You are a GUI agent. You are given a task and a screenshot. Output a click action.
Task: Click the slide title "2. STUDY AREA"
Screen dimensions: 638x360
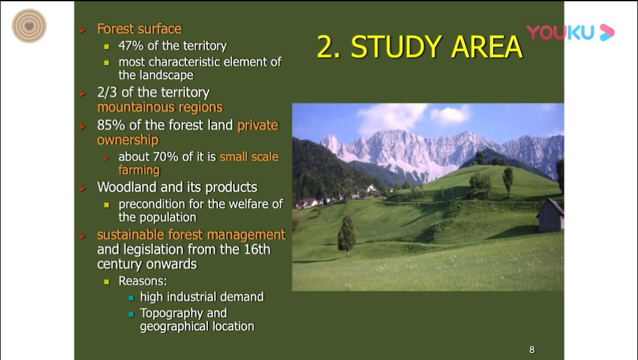[420, 47]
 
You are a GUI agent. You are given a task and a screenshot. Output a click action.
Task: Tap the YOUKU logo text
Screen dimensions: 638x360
[560, 32]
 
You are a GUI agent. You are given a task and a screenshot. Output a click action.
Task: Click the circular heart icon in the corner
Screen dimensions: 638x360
[29, 26]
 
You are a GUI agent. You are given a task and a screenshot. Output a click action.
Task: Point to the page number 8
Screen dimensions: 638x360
[532, 350]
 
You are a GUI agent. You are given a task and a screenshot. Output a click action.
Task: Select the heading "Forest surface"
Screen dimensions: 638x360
[139, 29]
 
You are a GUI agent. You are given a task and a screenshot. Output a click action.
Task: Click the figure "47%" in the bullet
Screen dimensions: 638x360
[131, 45]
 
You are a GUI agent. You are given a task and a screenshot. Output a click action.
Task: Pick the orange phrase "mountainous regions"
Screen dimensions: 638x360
[160, 107]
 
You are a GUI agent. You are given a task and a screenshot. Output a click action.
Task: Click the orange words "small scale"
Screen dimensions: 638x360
[249, 156]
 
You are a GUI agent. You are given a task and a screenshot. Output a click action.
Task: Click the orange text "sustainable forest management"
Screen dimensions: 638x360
[191, 235]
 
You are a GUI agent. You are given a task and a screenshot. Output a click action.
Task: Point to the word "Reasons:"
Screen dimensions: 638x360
[143, 281]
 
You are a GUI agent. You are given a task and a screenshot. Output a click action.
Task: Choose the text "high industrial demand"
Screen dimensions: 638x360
[202, 297]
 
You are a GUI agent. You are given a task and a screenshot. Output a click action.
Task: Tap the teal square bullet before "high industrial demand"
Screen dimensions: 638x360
[131, 298]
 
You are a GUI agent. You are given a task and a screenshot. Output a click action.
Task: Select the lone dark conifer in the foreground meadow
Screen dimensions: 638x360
[346, 235]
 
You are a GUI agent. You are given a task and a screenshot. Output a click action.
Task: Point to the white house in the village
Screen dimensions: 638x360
[372, 189]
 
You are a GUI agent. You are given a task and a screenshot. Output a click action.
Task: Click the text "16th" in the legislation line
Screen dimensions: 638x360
[256, 249]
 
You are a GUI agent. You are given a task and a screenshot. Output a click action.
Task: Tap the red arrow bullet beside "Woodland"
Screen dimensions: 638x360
[83, 188]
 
